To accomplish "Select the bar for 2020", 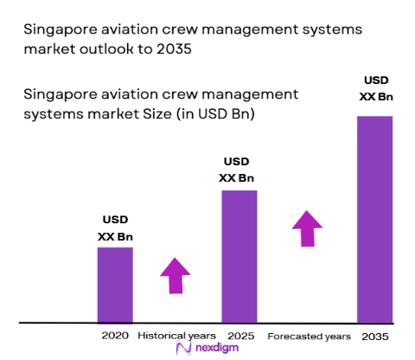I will [x=114, y=285].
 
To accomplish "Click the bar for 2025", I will [x=239, y=256].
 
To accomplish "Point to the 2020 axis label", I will [x=114, y=335].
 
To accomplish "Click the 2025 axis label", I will [x=239, y=335].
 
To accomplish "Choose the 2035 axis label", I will [x=375, y=335].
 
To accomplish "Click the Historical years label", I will [x=177, y=335].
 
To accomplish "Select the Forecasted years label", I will [x=309, y=335].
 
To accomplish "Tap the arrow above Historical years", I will [x=176, y=276].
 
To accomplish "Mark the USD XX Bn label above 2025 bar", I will [x=239, y=170].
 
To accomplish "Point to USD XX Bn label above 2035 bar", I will [x=374, y=89].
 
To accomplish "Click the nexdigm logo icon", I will [x=182, y=348].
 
